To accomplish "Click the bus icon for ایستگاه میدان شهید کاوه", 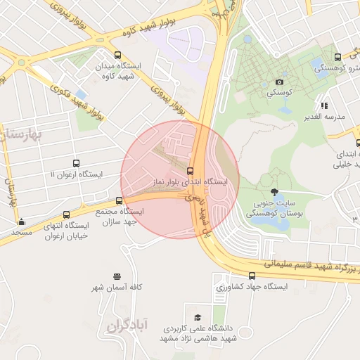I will click(x=117, y=55).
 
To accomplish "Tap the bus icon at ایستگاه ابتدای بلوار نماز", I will click(x=190, y=171).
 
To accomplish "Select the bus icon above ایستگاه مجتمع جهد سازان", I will click(x=118, y=200).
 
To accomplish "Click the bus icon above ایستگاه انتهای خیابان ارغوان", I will click(x=66, y=214).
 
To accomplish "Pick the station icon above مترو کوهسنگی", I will click(x=337, y=57).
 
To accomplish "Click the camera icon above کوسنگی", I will click(x=279, y=82).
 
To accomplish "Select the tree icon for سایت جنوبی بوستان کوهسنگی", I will click(x=274, y=191).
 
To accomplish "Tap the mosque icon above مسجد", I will click(x=21, y=221).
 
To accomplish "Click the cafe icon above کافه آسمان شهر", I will click(x=116, y=276).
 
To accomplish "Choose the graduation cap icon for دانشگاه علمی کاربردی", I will click(x=198, y=317).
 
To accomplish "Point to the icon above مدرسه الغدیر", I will click(x=324, y=105).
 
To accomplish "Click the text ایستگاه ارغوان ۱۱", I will click(x=77, y=174).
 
